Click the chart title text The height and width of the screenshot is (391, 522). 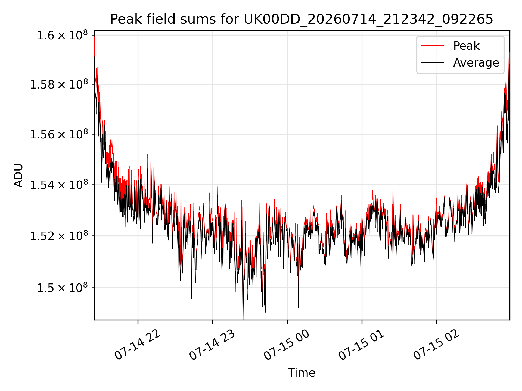click(x=302, y=19)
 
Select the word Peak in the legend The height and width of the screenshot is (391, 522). click(x=466, y=46)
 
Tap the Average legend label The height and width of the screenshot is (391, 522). click(x=476, y=63)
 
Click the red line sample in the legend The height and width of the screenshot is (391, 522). click(x=433, y=46)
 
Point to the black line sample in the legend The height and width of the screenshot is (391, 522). click(x=433, y=63)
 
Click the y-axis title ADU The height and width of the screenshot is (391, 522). click(x=18, y=175)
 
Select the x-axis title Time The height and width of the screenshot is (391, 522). click(x=302, y=373)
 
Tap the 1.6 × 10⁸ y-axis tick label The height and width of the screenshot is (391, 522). click(x=63, y=35)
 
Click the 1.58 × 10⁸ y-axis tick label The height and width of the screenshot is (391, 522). click(x=59, y=84)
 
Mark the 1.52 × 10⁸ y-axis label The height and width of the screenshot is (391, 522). click(x=59, y=236)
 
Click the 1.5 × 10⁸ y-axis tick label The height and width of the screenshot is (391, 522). click(x=63, y=288)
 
